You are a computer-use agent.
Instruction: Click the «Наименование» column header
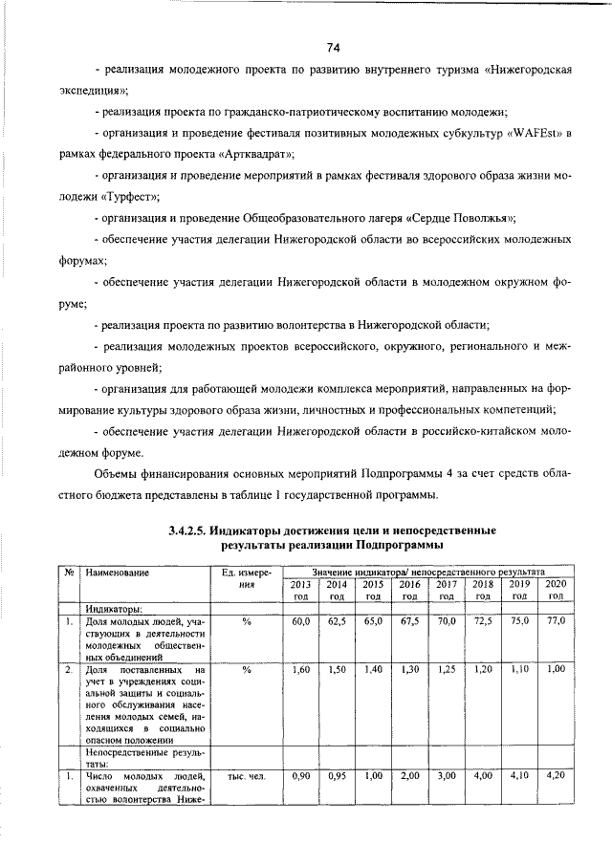tap(118, 572)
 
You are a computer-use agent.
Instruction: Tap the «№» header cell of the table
tap(70, 572)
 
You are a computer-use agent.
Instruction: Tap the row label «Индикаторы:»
tap(114, 608)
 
